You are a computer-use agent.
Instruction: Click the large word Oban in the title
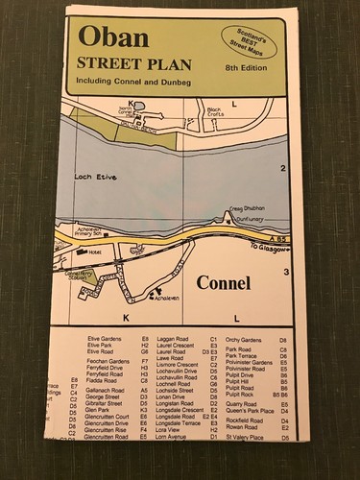tap(115, 38)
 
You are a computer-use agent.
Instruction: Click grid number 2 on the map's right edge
tap(284, 168)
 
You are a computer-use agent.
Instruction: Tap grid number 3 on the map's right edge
tap(287, 274)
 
